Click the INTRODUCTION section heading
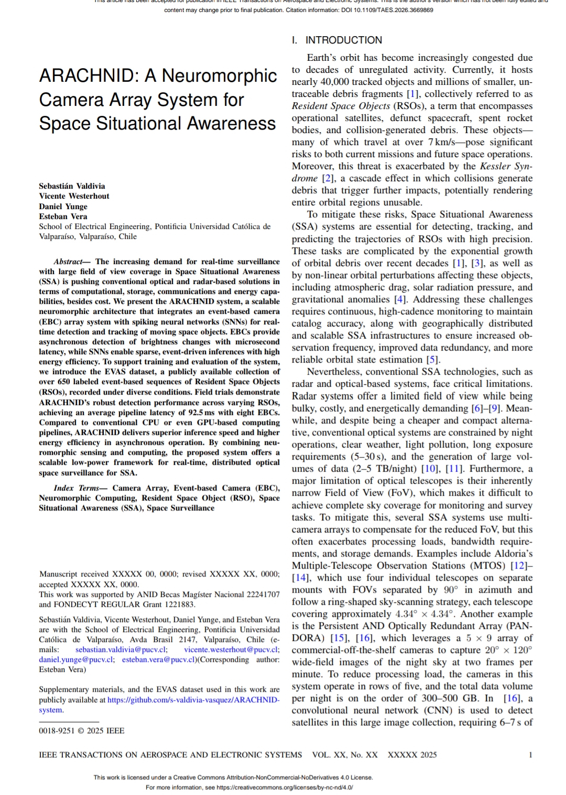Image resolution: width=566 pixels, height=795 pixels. pyautogui.click(x=343, y=40)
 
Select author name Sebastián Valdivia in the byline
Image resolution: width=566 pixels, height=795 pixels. pyautogui.click(x=72, y=186)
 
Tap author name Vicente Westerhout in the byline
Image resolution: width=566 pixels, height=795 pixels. pyautogui.click(x=74, y=196)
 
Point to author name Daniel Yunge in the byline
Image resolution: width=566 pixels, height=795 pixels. pyautogui.click(x=63, y=206)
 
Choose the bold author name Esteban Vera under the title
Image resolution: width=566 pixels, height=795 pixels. pyautogui.click(x=63, y=216)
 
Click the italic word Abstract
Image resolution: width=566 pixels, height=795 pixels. pyautogui.click(x=68, y=262)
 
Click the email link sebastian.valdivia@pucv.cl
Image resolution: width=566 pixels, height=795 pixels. pyautogui.click(x=121, y=649)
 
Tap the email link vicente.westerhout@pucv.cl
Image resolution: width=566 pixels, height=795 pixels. pyautogui.click(x=231, y=649)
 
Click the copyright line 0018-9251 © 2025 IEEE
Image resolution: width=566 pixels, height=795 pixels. pyautogui.click(x=81, y=731)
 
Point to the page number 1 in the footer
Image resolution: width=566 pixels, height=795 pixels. pyautogui.click(x=530, y=755)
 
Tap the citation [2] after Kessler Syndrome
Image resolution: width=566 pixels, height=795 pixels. pyautogui.click(x=328, y=179)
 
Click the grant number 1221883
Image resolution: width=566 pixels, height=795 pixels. pyautogui.click(x=178, y=604)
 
